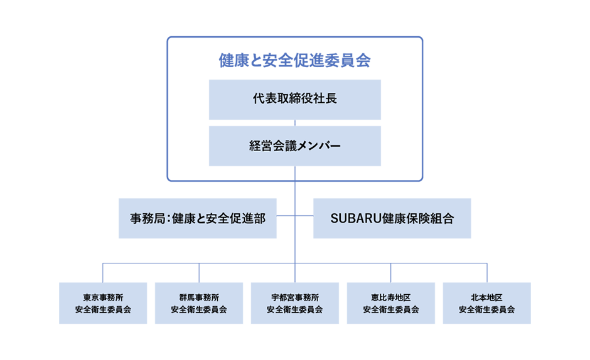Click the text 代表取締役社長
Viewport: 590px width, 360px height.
295,99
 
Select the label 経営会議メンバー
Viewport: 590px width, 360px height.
295,146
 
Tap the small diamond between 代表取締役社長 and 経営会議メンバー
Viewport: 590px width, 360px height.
295,122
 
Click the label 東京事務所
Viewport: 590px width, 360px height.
103,297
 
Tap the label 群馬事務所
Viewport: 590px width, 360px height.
199,297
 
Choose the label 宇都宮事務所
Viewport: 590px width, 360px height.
295,297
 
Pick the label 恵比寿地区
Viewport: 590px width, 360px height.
391,297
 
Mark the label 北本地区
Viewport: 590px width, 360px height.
487,297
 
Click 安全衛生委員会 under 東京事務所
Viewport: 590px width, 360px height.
103,309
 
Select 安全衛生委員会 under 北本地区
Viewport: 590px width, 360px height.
487,309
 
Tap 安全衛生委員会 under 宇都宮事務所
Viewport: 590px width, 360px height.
295,309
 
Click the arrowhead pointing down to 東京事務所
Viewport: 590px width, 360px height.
103,275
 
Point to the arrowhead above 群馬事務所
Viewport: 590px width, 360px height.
199,275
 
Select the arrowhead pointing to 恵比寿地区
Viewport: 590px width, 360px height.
391,275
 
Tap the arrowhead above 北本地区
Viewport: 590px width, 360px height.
487,275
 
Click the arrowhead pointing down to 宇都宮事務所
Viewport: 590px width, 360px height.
295,275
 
